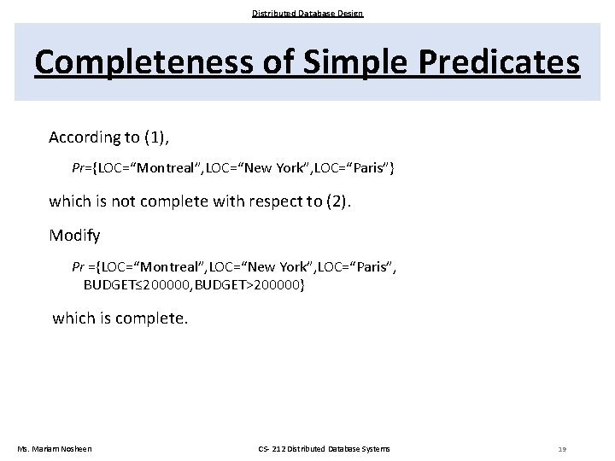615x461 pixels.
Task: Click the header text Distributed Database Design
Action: [307, 13]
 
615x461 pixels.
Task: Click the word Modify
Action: [74, 235]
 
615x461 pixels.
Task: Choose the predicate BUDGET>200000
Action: [249, 284]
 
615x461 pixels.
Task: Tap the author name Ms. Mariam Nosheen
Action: [55, 449]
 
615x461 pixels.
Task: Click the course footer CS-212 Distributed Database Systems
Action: [324, 449]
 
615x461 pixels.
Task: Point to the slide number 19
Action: [561, 449]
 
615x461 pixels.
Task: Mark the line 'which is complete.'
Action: [120, 318]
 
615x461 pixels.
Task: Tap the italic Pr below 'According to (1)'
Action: [79, 168]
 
